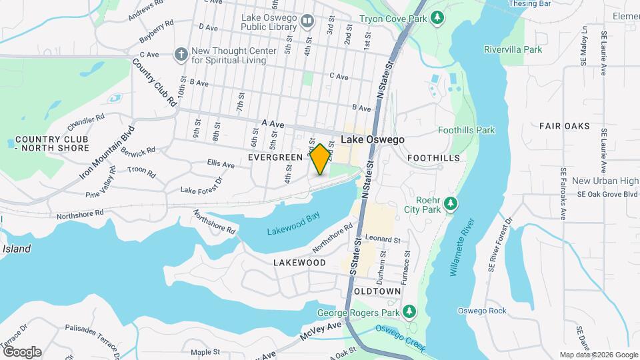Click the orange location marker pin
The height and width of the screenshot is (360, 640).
pos(320,159)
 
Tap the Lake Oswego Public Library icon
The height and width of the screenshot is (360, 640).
pos(307,21)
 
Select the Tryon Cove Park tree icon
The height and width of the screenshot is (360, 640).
pos(437,17)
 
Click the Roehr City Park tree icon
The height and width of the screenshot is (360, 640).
pos(451,203)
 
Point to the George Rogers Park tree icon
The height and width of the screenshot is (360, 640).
pos(409,311)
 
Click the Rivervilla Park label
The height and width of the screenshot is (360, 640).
pos(513,49)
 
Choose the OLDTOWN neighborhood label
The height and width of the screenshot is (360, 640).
pos(377,292)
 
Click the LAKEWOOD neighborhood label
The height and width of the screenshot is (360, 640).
pos(299,263)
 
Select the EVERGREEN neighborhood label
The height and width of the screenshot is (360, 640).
pos(275,157)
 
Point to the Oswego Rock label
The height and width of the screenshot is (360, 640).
pos(482,311)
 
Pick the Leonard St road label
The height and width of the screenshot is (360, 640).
pos(382,239)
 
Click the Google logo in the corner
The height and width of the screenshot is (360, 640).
pos(22,351)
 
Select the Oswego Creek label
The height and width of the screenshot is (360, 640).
pos(399,333)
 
